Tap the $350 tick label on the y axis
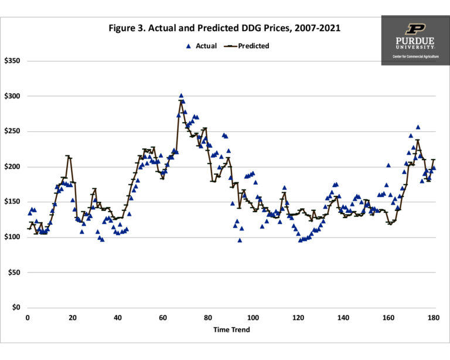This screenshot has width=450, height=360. [12, 61]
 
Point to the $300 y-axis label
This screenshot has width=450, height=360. [12, 96]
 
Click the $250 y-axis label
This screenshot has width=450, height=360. [12, 131]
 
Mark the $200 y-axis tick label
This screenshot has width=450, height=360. [12, 167]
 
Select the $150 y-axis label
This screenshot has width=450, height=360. [12, 202]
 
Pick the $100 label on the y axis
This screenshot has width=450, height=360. [12, 237]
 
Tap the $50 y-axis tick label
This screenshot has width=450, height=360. [13, 273]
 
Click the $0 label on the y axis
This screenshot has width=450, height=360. [16, 308]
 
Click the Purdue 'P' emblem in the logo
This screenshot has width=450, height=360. [415, 28]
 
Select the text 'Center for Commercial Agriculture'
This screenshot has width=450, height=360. [415, 56]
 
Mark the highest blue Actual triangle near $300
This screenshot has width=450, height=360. [181, 96]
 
